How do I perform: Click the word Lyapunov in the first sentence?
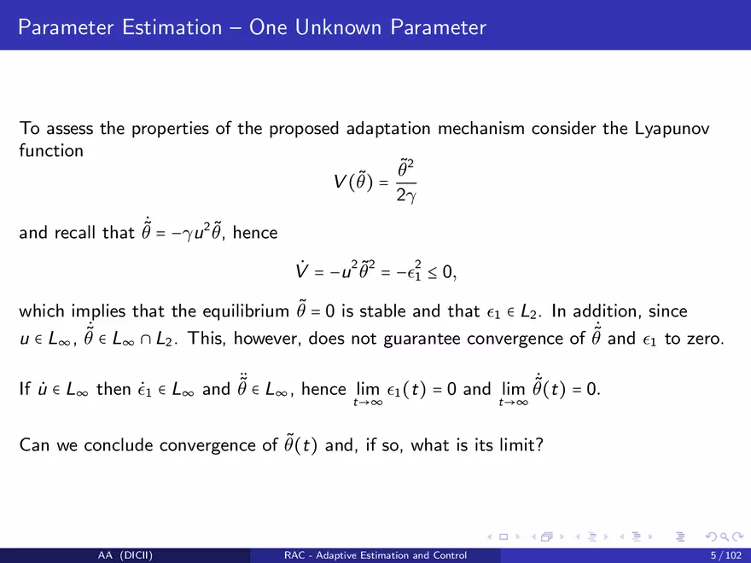(672, 129)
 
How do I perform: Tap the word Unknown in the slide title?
(338, 27)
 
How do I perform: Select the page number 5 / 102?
(726, 555)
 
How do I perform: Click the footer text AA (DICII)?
(125, 555)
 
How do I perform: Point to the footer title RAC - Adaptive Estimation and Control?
(375, 555)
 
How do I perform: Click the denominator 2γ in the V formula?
(406, 195)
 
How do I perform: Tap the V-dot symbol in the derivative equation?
(302, 270)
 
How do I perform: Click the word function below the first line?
(51, 151)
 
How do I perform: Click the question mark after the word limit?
(539, 445)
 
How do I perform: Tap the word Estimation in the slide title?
(172, 27)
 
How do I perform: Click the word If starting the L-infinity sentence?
(25, 389)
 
